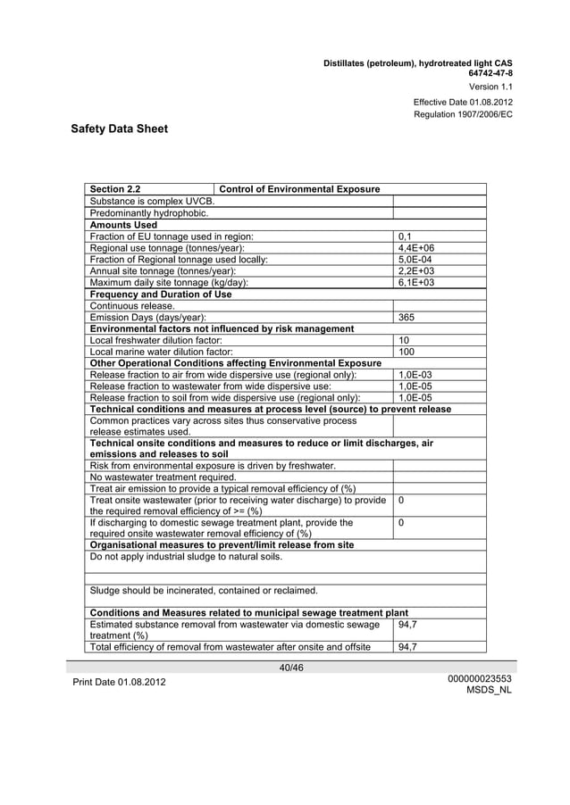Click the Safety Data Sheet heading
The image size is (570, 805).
[119, 129]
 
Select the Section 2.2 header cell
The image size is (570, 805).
[115, 189]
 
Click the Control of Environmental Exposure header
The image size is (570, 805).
[299, 189]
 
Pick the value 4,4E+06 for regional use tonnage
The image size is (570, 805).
[416, 247]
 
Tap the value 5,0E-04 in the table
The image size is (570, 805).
[415, 259]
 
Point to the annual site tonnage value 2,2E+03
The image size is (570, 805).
[416, 270]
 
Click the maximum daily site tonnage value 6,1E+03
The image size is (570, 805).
[416, 282]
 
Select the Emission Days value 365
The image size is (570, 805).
[407, 317]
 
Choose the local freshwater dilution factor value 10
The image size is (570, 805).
[404, 340]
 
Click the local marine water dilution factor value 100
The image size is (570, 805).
[407, 352]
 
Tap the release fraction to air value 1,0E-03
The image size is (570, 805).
[415, 375]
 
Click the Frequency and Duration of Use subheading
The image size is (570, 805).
[161, 294]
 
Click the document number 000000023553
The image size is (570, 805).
[480, 678]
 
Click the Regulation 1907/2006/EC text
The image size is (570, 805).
[463, 115]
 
